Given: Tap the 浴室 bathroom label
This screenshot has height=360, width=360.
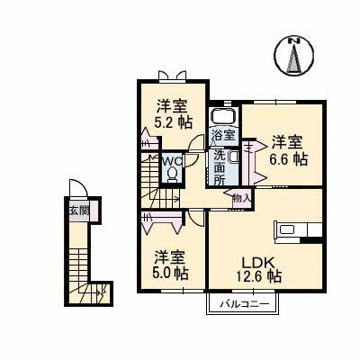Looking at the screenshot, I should coord(222,136).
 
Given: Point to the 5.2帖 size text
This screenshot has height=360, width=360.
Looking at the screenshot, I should coord(169,121).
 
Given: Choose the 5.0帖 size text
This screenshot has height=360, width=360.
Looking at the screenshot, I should coord(169,272).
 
